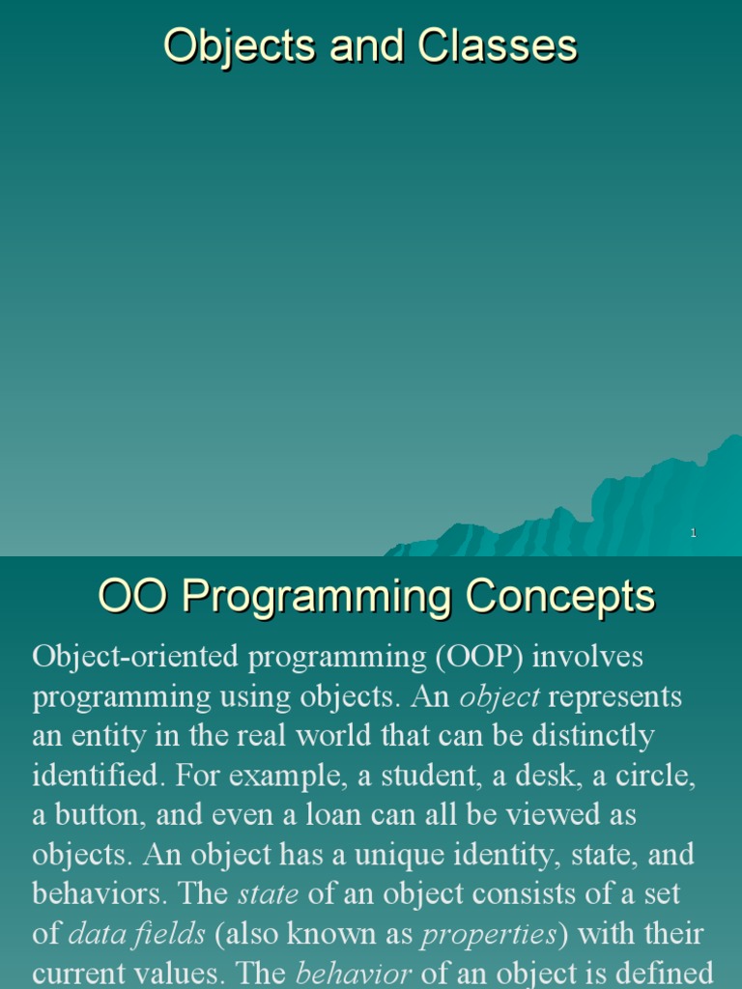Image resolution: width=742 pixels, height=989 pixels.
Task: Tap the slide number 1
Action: pos(694,534)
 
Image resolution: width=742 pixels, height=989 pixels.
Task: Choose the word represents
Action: pos(614,696)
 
